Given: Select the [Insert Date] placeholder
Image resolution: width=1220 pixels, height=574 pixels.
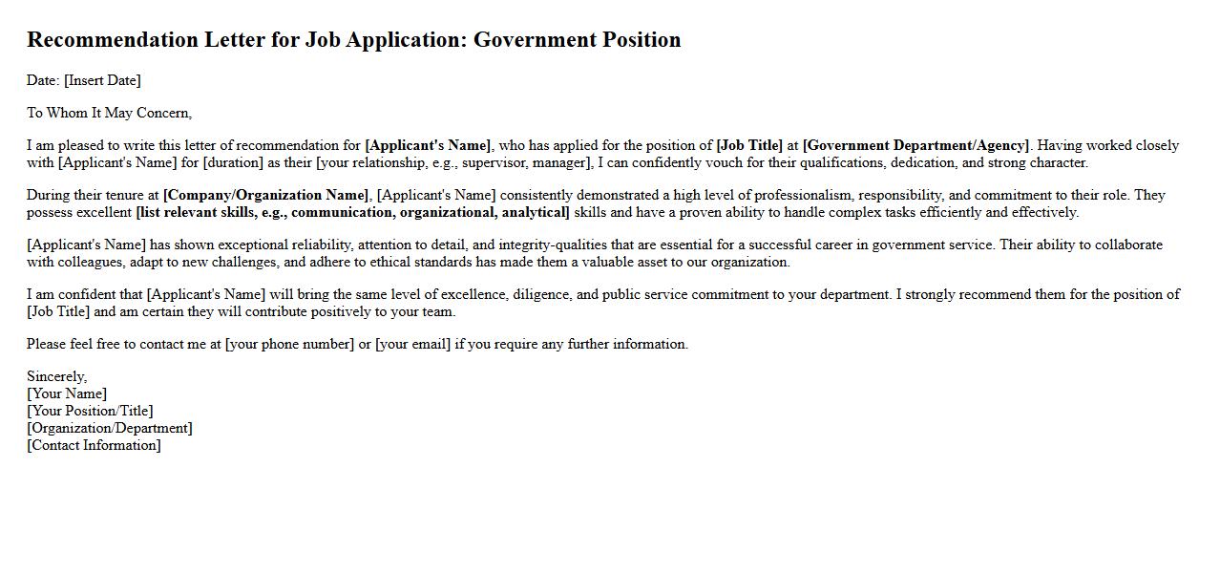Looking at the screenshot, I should pos(102,80).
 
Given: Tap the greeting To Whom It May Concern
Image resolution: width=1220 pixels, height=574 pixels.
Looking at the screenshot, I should pos(109,113).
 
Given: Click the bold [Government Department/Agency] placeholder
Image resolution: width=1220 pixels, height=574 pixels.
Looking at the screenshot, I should pos(915,145).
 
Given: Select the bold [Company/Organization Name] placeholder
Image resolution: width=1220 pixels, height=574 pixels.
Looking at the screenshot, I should pos(265,195).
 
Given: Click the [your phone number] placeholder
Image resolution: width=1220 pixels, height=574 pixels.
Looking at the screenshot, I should pos(289,344).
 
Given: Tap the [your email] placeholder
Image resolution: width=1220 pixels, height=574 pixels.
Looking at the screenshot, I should pos(412,344).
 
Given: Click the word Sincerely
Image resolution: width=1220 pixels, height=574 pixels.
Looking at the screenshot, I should pos(56,376).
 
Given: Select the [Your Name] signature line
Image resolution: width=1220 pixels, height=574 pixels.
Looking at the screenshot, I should pos(67,393).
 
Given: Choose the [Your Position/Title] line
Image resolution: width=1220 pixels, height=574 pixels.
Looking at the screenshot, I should pos(90,411).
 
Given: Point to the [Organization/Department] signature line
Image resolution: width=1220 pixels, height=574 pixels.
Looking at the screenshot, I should pos(110,428).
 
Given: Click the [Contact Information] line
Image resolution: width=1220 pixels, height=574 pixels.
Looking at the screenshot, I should pos(94,445).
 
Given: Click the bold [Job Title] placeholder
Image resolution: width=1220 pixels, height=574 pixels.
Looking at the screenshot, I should pos(749,145).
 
